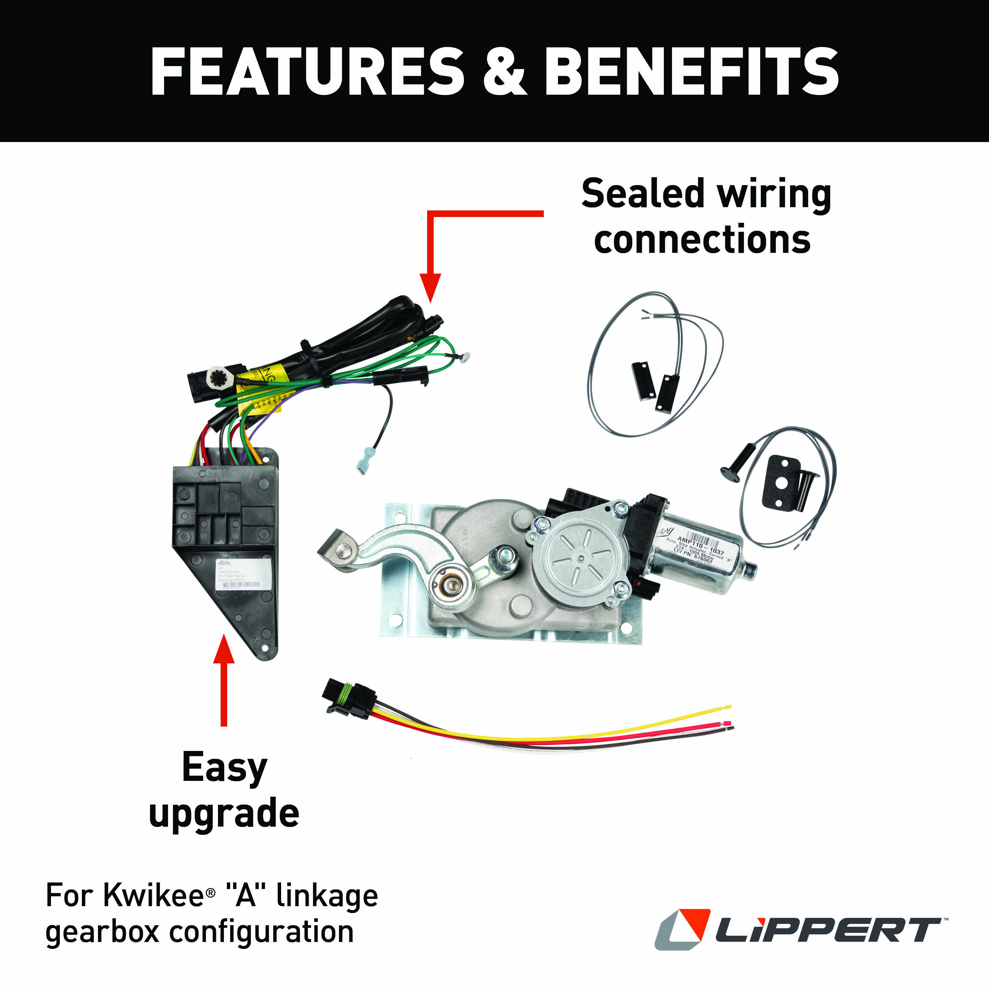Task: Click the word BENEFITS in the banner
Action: [x=691, y=72]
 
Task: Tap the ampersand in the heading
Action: [x=504, y=72]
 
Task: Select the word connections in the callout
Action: [x=702, y=240]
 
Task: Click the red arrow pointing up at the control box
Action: [x=224, y=676]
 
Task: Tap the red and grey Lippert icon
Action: [x=682, y=929]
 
